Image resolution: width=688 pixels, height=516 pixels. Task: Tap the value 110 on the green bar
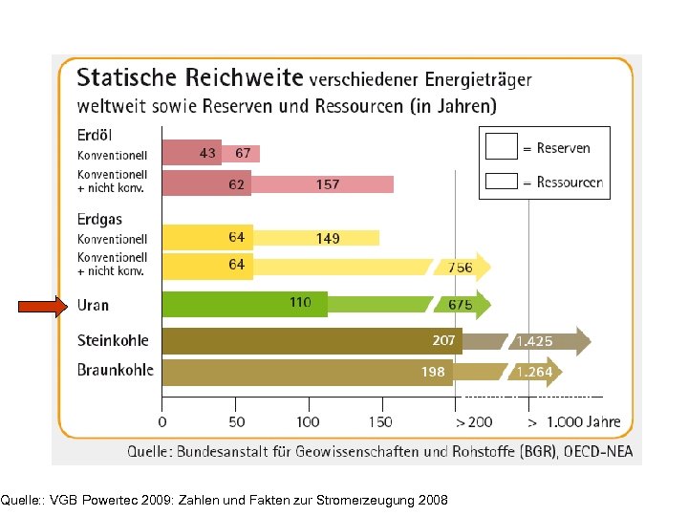[x=300, y=303]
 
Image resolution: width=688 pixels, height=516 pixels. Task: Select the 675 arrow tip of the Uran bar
[x=461, y=305]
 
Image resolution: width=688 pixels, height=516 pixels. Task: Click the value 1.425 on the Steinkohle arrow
[x=534, y=341]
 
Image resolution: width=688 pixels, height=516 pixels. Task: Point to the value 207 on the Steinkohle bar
[x=443, y=339]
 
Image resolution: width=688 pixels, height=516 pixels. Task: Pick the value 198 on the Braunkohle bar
[x=434, y=371]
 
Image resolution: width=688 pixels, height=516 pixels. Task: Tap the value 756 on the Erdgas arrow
[x=461, y=268]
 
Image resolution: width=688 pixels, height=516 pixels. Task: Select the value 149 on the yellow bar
[x=328, y=238]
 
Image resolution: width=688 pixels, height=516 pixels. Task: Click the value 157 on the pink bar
[x=328, y=184]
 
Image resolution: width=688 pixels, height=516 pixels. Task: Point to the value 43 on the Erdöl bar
[x=207, y=153]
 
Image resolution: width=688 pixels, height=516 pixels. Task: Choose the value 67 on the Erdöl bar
[x=243, y=153]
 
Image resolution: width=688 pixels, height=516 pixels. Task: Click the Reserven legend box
[x=501, y=147]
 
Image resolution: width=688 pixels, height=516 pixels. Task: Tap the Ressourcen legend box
[x=501, y=181]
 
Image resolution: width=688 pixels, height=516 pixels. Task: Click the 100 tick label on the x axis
[x=308, y=421]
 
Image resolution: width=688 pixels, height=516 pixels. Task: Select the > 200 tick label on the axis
[x=474, y=421]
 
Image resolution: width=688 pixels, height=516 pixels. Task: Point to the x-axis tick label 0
[x=162, y=421]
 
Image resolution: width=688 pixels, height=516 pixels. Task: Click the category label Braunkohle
[x=115, y=371]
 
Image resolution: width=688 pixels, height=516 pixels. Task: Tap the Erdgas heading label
[x=99, y=220]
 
